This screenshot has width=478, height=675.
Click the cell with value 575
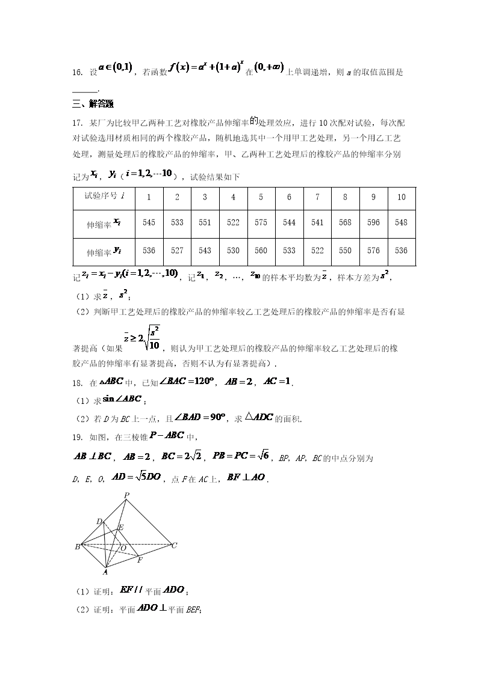(x=261, y=222)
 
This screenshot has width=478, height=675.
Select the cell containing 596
(x=373, y=222)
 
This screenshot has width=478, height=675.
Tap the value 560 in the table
(x=261, y=251)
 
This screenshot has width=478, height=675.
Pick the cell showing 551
(x=205, y=222)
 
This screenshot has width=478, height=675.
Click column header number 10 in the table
(x=402, y=197)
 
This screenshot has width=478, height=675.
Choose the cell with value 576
(x=373, y=251)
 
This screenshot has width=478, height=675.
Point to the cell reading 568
(x=345, y=222)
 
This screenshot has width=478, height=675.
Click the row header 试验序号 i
(x=104, y=196)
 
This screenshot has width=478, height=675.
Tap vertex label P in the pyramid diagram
(x=126, y=495)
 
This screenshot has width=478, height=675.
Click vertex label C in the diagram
(x=174, y=546)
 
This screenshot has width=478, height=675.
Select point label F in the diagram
(x=140, y=560)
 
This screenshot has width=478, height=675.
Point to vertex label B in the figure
(x=77, y=546)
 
